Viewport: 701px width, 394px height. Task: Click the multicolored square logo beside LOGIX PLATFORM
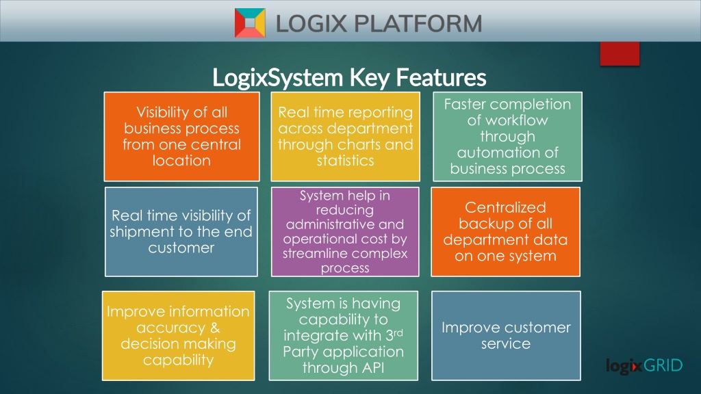pos(250,23)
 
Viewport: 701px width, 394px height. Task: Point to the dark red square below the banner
pos(620,53)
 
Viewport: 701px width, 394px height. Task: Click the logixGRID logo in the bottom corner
pos(644,366)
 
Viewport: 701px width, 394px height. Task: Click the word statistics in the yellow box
pos(345,160)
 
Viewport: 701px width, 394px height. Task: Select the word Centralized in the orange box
pos(505,207)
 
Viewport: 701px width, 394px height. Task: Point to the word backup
pos(481,224)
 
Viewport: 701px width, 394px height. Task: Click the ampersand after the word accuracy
pos(215,328)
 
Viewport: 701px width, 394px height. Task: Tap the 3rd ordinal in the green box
pos(394,334)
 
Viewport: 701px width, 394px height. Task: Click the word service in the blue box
pos(506,343)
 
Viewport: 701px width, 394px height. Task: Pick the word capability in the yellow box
pos(179,360)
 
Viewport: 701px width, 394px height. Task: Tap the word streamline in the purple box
pos(312,253)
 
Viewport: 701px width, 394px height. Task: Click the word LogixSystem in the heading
pos(278,77)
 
